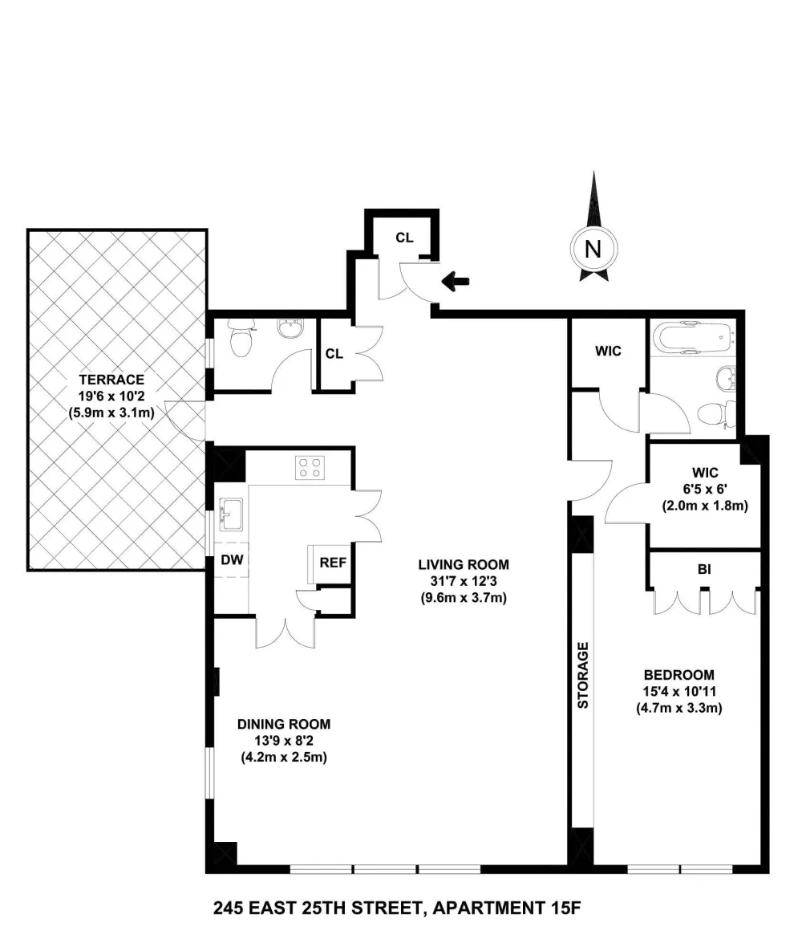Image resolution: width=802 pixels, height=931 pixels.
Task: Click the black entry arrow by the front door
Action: [456, 281]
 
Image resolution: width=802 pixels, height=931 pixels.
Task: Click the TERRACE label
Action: [111, 380]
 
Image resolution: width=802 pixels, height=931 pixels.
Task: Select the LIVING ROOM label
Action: [464, 565]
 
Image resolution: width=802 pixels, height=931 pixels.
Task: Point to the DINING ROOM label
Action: [284, 724]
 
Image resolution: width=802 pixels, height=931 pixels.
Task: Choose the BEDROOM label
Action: [678, 674]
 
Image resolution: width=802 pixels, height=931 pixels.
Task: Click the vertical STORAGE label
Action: [582, 675]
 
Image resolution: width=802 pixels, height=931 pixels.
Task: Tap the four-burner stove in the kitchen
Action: [310, 466]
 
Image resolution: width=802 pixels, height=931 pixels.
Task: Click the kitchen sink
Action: [231, 514]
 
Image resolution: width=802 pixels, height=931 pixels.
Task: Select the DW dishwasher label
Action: [232, 560]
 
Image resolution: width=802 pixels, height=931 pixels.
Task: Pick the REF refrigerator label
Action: [333, 563]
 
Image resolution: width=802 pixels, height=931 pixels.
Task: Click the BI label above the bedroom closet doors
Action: [704, 569]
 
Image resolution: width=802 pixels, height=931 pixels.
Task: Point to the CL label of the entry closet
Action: [404, 238]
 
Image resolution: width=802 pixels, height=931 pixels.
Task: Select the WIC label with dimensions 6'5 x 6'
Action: [705, 473]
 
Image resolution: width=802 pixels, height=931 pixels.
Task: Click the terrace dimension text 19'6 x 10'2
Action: [111, 396]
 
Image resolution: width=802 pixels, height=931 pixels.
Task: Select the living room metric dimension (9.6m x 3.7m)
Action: [464, 598]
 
